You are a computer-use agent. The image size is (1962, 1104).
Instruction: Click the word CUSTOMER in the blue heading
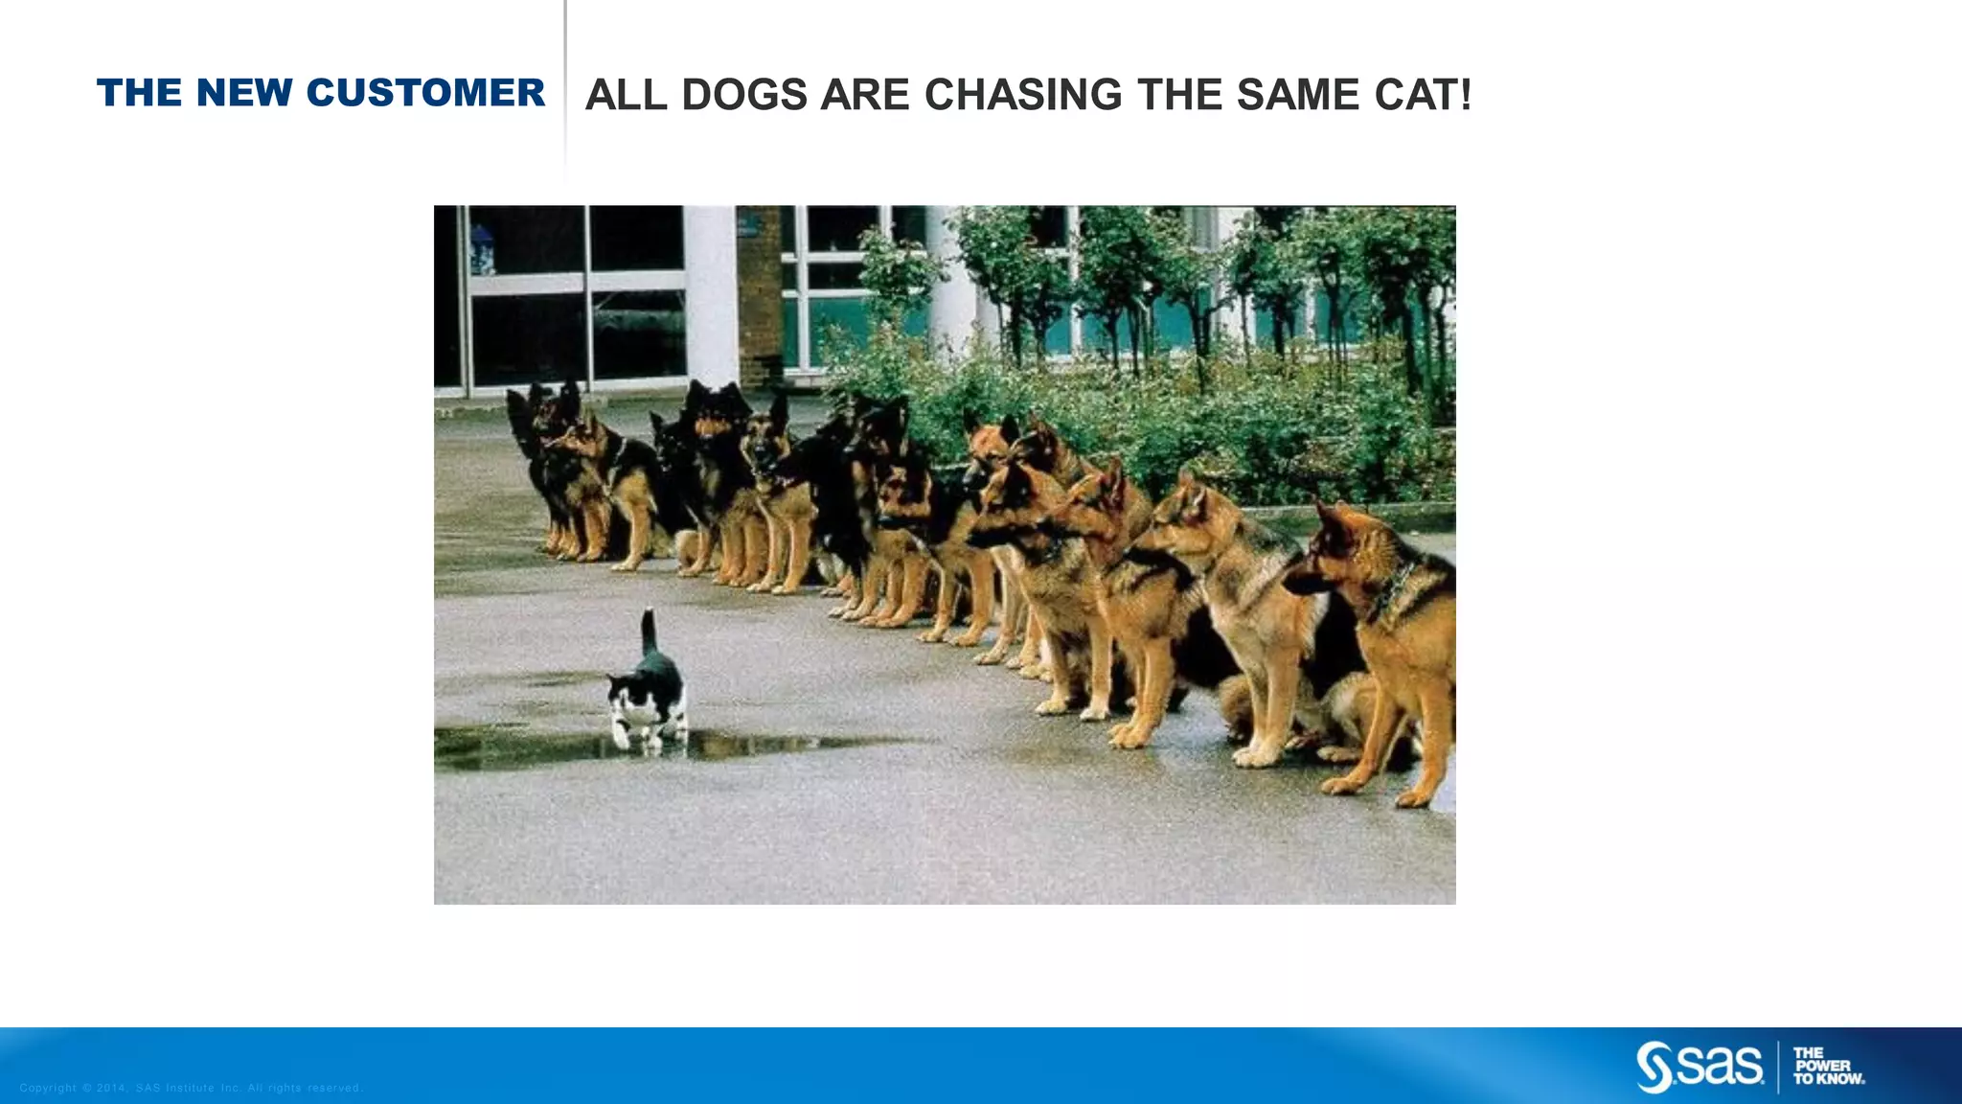(425, 93)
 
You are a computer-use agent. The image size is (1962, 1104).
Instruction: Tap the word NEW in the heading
(243, 93)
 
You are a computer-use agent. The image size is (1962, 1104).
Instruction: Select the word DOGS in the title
(744, 95)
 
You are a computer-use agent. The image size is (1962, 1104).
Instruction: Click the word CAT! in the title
(1422, 95)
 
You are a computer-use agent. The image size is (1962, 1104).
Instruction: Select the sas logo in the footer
(1700, 1066)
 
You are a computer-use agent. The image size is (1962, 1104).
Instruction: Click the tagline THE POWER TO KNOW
(1828, 1066)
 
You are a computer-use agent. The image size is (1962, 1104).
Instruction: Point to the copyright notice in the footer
(192, 1088)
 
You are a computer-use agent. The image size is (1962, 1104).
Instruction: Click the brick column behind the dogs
(760, 297)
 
